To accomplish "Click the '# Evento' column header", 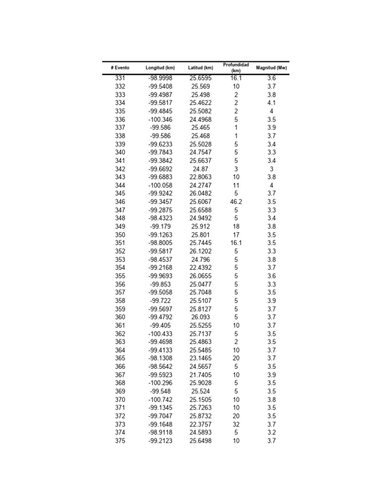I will (120, 68).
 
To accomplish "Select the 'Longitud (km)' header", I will (160, 68).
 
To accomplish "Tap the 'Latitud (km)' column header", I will (200, 68).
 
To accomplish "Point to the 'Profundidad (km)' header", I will (236, 67).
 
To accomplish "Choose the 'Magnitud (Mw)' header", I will (271, 68).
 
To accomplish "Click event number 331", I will (120, 78).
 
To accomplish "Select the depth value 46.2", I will (236, 202).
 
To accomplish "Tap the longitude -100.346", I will (160, 120).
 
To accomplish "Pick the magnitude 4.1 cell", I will (271, 103).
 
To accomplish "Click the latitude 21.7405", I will (200, 375).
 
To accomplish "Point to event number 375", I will (120, 441).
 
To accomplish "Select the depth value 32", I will (236, 424).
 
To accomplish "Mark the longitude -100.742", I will (160, 400).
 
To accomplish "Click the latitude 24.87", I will (200, 169).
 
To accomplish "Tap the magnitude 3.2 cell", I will (271, 433).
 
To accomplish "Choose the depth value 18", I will (236, 227).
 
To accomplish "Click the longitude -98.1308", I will (160, 358).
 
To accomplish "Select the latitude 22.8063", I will (200, 177).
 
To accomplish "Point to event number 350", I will (120, 235).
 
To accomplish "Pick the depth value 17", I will (236, 235).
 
